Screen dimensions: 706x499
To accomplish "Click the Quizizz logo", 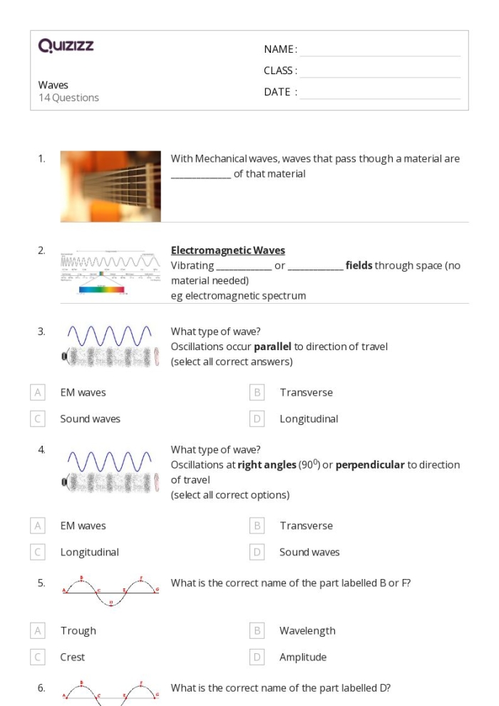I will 66,47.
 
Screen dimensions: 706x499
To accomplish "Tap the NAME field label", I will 280,49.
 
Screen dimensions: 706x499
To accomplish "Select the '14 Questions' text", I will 68,98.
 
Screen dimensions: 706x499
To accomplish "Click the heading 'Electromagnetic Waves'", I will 227,250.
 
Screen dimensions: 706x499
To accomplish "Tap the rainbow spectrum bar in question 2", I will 101,290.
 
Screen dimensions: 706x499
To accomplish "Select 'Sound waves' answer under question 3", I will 90,419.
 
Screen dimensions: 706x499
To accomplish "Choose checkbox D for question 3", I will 257,419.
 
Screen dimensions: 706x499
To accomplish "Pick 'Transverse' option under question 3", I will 306,392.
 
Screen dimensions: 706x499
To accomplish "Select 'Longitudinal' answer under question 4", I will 89,552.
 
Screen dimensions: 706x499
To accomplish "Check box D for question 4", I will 257,552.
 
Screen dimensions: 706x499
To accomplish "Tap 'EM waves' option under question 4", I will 83,526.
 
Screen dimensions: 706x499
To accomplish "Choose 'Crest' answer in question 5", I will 73,657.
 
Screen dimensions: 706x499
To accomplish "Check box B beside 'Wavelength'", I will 257,630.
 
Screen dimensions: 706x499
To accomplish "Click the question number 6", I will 41,687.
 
